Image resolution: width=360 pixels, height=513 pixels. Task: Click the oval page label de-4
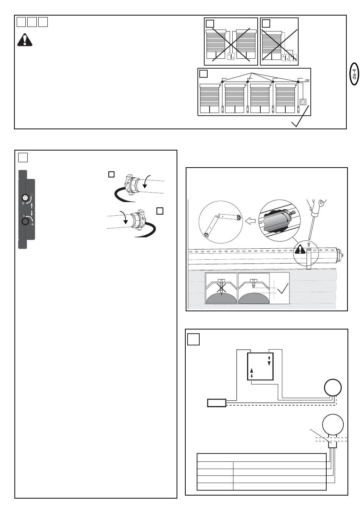(354, 74)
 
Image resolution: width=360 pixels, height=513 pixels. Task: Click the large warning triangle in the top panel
(25, 40)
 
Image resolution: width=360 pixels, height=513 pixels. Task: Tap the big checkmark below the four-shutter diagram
(300, 116)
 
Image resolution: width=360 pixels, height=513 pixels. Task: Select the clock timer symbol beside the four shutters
(303, 102)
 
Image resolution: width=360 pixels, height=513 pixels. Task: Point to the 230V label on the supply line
(307, 80)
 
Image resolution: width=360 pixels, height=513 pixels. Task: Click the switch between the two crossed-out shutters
(231, 56)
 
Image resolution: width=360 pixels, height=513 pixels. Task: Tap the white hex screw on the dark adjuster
(25, 197)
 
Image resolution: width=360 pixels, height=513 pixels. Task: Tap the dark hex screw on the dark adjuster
(25, 221)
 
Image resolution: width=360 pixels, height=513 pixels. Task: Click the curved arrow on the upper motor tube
(146, 181)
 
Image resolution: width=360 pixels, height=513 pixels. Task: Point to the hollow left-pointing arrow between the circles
(250, 221)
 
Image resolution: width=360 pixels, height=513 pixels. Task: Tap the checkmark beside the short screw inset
(283, 288)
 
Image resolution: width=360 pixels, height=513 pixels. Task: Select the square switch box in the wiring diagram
(260, 366)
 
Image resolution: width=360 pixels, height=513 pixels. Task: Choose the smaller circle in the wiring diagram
(333, 387)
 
